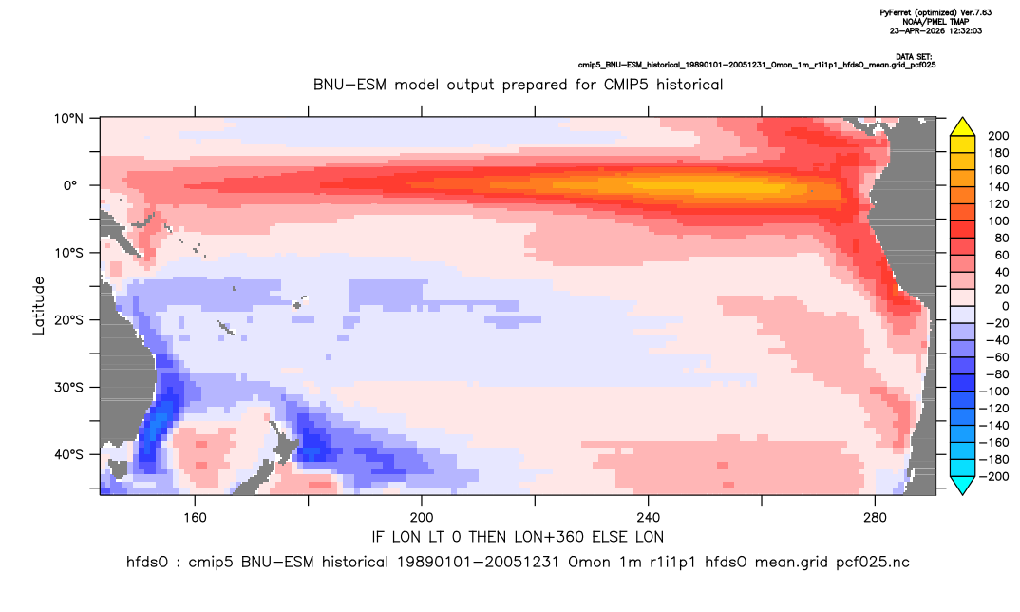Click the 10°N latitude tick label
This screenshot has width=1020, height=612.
point(69,119)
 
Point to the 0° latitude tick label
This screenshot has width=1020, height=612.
point(70,185)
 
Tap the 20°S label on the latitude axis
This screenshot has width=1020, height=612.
point(69,320)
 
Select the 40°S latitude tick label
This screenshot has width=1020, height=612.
point(69,454)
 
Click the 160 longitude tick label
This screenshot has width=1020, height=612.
point(195,518)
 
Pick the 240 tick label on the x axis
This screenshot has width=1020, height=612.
point(649,518)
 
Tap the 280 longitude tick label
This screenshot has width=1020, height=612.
point(875,518)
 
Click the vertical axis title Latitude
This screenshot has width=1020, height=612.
point(39,306)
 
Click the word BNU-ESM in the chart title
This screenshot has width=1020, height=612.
point(348,85)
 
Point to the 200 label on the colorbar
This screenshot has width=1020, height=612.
point(998,136)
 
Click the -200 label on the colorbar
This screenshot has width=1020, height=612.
point(995,476)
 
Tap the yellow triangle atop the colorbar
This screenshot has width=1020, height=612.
point(962,127)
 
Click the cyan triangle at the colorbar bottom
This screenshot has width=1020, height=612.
point(962,485)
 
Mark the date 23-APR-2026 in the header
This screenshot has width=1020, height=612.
point(916,30)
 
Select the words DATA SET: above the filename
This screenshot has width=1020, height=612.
point(914,57)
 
